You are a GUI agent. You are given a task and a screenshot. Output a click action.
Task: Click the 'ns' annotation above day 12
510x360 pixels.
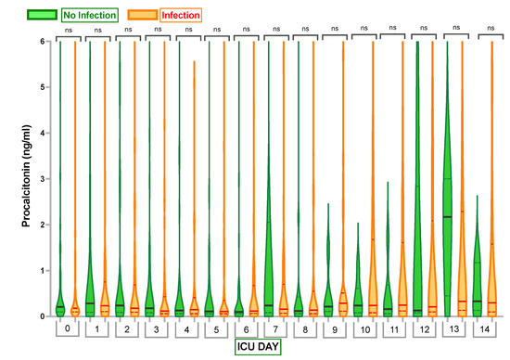point(424,29)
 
